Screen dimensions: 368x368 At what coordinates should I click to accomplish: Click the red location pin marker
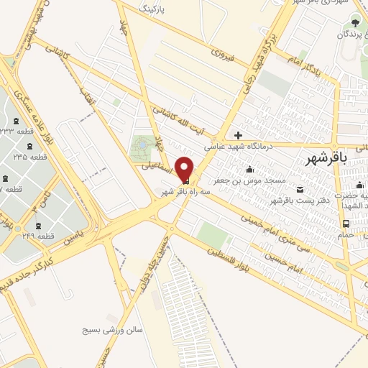[185, 170]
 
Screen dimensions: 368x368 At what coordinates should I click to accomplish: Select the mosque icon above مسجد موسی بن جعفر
[249, 170]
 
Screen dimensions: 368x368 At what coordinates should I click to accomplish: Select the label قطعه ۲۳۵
[30, 157]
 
